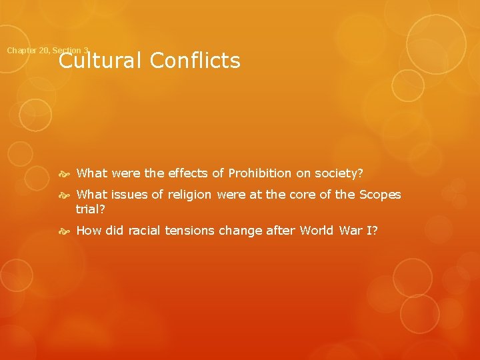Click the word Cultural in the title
point(99,61)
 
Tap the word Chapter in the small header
point(20,51)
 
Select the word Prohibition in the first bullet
point(260,173)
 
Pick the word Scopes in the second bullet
point(380,195)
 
